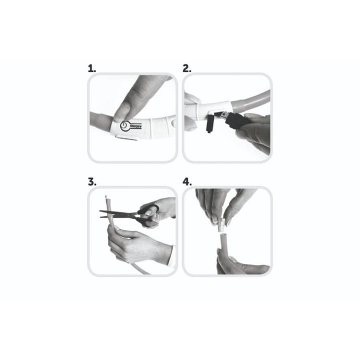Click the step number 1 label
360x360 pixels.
pyautogui.click(x=92, y=68)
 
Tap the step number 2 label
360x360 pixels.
pyautogui.click(x=187, y=68)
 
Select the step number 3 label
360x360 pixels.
pyautogui.click(x=92, y=182)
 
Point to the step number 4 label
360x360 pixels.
pyautogui.click(x=187, y=182)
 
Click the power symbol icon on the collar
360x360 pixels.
pyautogui.click(x=124, y=125)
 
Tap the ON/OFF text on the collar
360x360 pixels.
pyautogui.click(x=135, y=126)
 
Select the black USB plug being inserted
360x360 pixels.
pyautogui.click(x=233, y=119)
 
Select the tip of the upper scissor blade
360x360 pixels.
pyautogui.click(x=99, y=211)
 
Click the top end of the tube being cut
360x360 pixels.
pyautogui.click(x=106, y=197)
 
